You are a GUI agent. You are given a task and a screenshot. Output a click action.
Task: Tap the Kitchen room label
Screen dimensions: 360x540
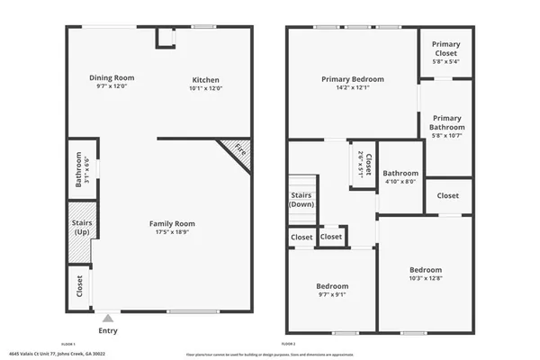pyautogui.click(x=206, y=77)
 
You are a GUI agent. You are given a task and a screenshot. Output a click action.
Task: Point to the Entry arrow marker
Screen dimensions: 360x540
pyautogui.click(x=108, y=318)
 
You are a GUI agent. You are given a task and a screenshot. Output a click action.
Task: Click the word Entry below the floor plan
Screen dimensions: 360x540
pyautogui.click(x=108, y=330)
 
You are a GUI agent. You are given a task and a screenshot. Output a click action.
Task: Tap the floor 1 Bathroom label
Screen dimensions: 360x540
pyautogui.click(x=79, y=168)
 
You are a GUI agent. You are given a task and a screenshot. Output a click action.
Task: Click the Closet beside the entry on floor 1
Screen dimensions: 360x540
pyautogui.click(x=81, y=288)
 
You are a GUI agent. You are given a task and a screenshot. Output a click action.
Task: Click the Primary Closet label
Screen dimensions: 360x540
pyautogui.click(x=445, y=49)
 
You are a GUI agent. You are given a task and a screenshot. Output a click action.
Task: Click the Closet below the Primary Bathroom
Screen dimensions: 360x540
pyautogui.click(x=447, y=195)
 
